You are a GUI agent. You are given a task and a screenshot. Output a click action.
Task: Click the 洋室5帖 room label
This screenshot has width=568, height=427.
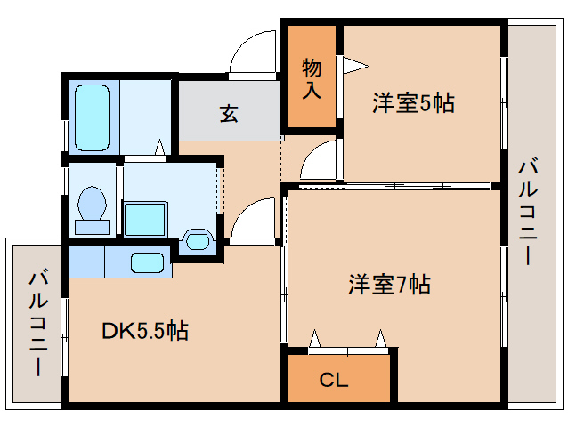413,103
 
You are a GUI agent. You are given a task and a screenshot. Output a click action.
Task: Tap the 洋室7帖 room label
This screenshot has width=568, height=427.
389,286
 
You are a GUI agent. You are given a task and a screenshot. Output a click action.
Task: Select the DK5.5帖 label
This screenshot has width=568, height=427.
144,331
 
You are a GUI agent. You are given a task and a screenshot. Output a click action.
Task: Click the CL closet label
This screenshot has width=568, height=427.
334,382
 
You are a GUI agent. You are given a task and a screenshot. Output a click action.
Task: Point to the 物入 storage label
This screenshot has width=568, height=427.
312,77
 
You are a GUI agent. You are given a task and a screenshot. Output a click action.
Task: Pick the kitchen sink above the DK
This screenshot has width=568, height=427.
147,262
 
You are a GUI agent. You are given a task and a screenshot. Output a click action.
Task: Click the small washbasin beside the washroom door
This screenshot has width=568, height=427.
197,239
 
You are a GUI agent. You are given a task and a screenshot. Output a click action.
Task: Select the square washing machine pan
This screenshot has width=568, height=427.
145,218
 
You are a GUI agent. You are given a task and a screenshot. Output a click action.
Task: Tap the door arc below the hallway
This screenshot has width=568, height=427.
256,220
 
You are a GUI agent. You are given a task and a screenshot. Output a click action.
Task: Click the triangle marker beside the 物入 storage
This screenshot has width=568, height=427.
355,64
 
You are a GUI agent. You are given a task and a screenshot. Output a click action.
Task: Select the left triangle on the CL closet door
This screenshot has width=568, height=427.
314,338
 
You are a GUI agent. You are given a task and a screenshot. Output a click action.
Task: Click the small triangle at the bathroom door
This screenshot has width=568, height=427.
160,148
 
